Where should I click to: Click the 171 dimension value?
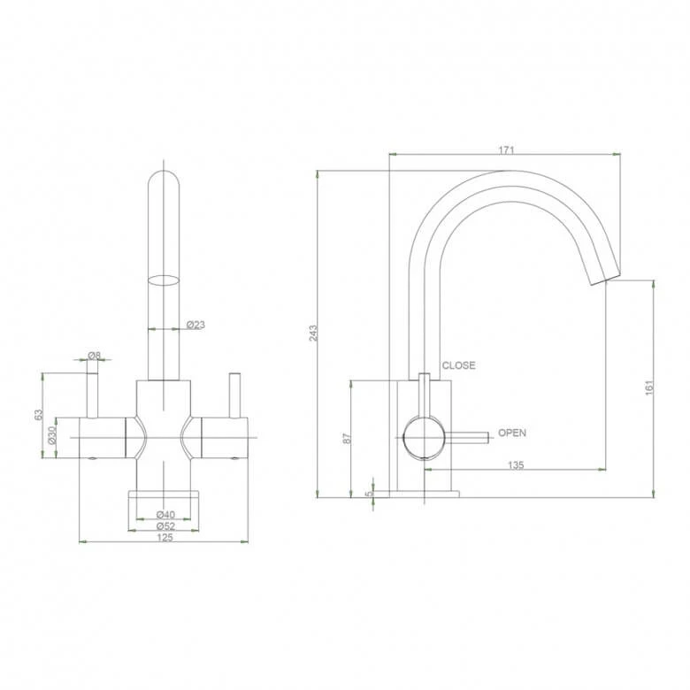point(506,150)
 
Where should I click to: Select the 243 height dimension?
point(313,333)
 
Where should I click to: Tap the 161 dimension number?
point(649,387)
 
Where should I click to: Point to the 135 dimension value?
point(516,465)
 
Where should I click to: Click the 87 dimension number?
point(348,438)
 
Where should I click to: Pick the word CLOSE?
point(458,365)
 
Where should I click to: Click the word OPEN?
point(512,433)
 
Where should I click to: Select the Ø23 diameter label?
point(195,325)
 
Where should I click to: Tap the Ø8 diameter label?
point(94,355)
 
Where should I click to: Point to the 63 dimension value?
point(39,415)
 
